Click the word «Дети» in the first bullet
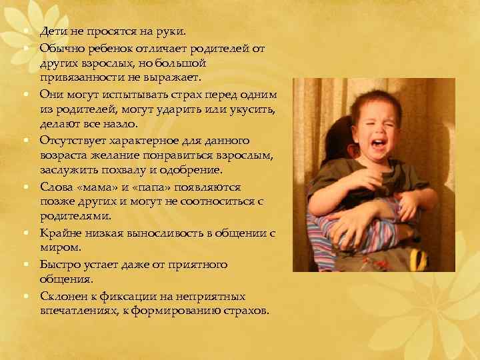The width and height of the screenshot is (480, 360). coord(52,31)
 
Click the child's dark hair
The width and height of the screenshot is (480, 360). coord(360,100)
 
